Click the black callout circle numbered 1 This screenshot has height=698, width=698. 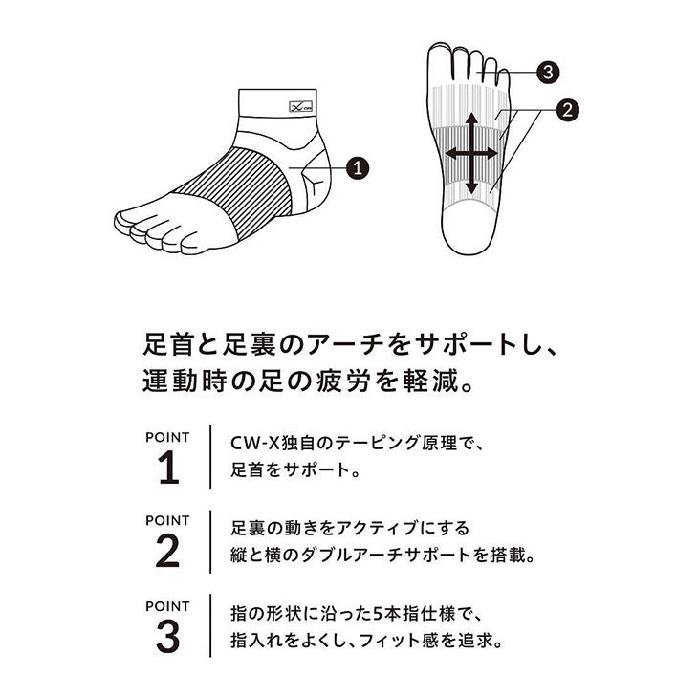tap(358, 168)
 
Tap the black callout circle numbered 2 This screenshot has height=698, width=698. tap(568, 109)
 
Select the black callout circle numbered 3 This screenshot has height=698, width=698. tap(548, 72)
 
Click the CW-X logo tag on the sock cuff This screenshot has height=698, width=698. tap(301, 106)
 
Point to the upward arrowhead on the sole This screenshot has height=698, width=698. tap(471, 118)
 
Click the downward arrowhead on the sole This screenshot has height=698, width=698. tap(471, 188)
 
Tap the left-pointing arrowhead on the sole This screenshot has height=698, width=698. tap(451, 154)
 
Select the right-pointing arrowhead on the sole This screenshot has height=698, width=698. tap(491, 154)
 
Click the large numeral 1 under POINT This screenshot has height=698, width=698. tap(168, 468)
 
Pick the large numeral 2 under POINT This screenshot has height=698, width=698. tap(168, 551)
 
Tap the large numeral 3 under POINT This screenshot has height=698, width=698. tap(168, 637)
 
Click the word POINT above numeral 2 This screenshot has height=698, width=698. tap(167, 520)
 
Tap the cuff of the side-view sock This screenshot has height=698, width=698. tap(277, 103)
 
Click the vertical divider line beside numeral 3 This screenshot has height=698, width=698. tap(210, 625)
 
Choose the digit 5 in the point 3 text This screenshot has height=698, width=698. tap(379, 614)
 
